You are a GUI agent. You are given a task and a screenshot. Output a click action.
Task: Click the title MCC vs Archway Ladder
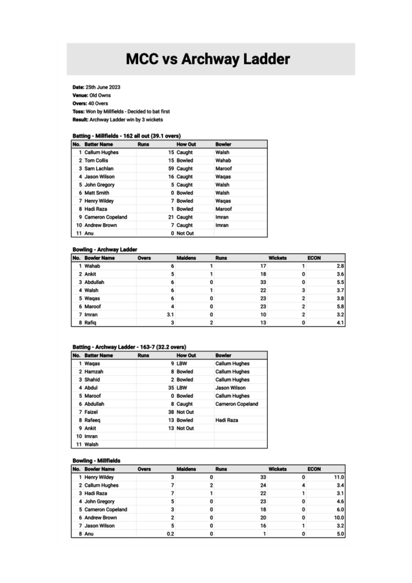pyautogui.click(x=208, y=59)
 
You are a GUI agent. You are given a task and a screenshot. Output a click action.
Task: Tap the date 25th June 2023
pyautogui.click(x=103, y=87)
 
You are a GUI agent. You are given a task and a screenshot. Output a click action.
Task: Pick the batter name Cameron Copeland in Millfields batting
pyautogui.click(x=106, y=217)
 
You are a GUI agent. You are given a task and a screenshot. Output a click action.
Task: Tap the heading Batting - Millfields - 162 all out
pyautogui.click(x=126, y=136)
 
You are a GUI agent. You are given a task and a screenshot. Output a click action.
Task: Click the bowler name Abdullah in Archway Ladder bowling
pyautogui.click(x=94, y=282)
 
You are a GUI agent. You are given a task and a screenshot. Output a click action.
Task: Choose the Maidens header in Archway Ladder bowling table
pyautogui.click(x=186, y=258)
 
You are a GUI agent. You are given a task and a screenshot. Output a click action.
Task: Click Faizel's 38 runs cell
pyautogui.click(x=171, y=412)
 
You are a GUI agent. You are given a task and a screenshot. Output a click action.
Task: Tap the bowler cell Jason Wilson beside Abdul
pyautogui.click(x=230, y=388)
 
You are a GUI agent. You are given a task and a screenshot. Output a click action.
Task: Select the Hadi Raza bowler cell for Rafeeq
pyautogui.click(x=227, y=420)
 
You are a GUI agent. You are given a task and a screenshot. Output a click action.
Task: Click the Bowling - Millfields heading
pyautogui.click(x=96, y=460)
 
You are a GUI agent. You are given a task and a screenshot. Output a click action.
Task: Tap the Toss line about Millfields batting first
pyautogui.click(x=121, y=111)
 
